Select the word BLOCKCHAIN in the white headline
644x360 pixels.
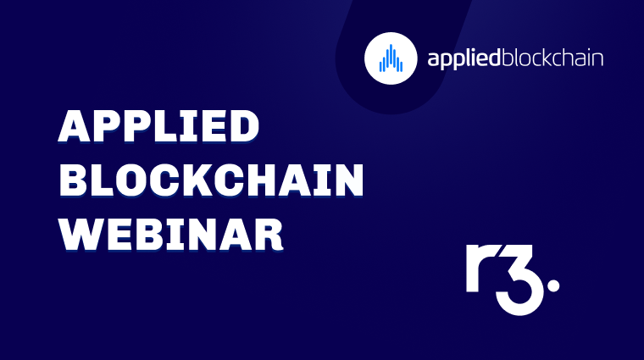point(211,180)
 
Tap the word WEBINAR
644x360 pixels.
point(170,232)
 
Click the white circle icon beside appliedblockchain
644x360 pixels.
point(390,58)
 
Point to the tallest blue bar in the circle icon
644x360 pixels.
point(390,56)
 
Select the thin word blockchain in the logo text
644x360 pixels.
point(552,58)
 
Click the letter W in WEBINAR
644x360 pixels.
point(80,232)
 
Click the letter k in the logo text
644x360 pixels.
point(552,58)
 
